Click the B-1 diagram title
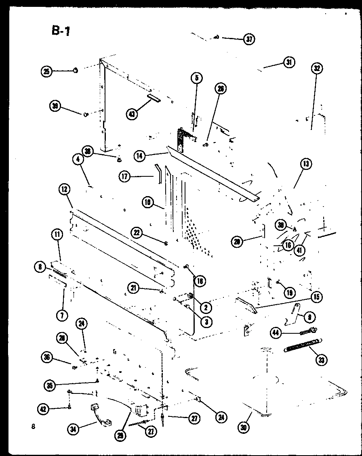point(61,31)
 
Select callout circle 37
point(249,40)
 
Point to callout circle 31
point(288,63)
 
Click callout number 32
point(316,69)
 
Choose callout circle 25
point(47,71)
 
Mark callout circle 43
point(132,114)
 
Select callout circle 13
point(306,164)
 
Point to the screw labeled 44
point(308,331)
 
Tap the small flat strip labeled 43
point(154,98)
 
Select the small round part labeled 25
point(76,71)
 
